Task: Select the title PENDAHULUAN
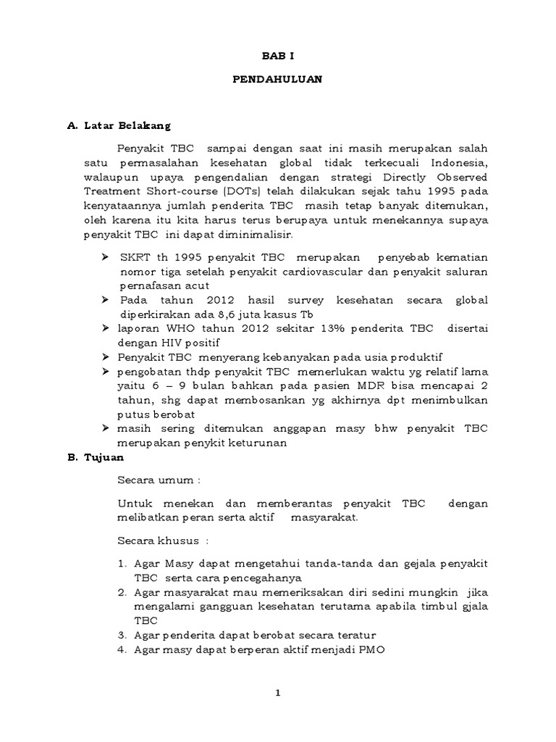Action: [x=277, y=80]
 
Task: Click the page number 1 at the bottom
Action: [x=278, y=693]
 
